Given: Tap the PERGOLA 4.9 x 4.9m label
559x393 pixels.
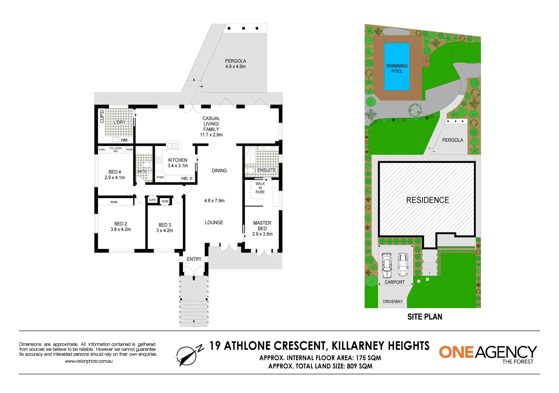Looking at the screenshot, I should point(235,64).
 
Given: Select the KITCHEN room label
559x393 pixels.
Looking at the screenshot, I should point(178,160).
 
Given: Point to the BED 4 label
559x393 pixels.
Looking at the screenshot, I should point(115,172).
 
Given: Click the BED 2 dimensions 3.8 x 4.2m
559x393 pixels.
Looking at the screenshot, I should point(121,230).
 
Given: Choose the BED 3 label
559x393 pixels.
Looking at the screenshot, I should point(165,225).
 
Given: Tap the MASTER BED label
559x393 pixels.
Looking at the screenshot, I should point(262,226).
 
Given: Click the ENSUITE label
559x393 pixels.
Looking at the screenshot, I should point(267,170).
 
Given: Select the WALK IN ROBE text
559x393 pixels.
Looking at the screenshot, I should point(260,188).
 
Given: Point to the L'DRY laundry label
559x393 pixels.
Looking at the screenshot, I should point(119,122).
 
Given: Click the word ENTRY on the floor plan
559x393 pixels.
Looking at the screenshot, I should point(194,259).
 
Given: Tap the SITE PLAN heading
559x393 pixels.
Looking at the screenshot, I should point(425,317).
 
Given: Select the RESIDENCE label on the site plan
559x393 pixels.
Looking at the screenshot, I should point(428,200).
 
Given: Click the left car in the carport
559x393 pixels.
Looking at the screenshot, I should point(386,265).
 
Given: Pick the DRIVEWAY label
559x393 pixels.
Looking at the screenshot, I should point(393,302).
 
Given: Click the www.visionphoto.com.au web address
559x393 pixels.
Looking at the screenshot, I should point(88,361).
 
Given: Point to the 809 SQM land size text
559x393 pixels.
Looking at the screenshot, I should point(359,366).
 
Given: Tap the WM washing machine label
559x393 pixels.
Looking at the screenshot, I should point(124,140).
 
